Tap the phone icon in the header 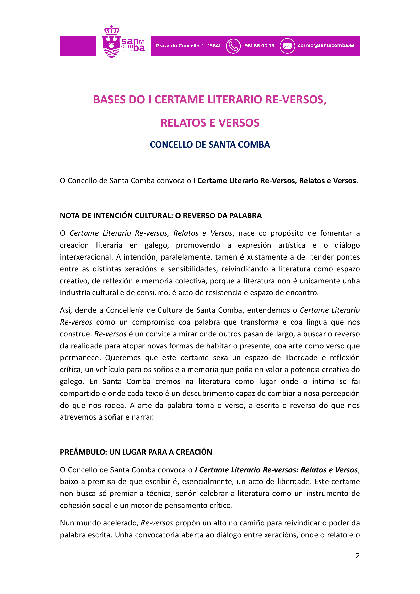pos(233,46)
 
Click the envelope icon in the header pos(287,46)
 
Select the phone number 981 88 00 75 pos(260,46)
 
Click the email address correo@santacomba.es pos(326,45)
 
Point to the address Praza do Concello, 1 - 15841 pos(188,46)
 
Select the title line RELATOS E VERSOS pos(210,123)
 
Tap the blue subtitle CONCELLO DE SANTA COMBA pos(210,145)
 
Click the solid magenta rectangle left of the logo pos(78,46)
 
